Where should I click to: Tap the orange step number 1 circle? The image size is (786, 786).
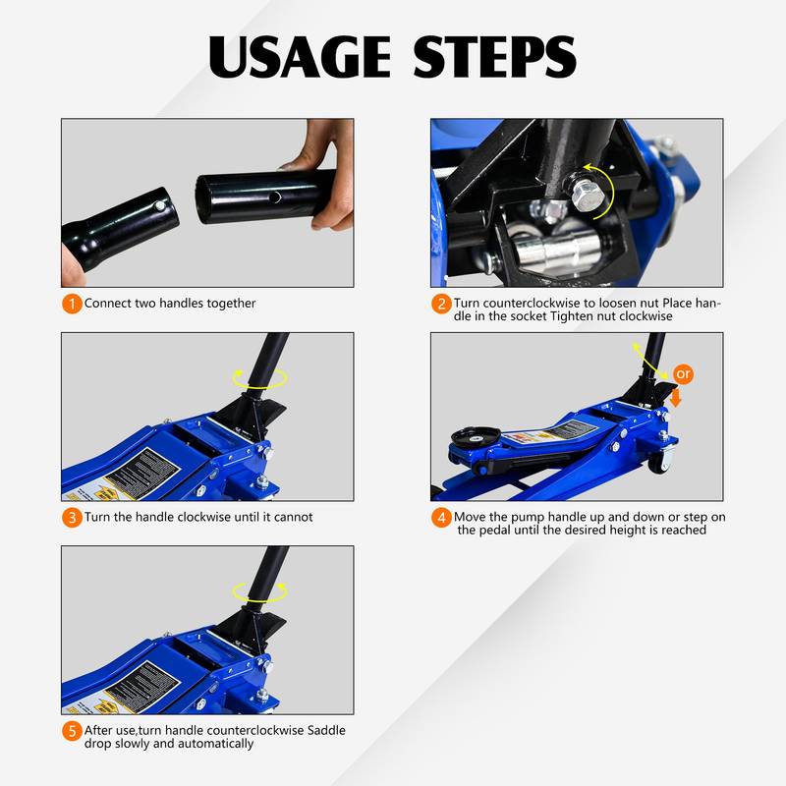[x=72, y=304]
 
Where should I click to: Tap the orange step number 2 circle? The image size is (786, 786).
[x=441, y=304]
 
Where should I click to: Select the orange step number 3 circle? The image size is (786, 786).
[x=72, y=517]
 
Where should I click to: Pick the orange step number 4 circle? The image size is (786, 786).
[x=441, y=517]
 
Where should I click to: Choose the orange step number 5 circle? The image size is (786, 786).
[x=72, y=731]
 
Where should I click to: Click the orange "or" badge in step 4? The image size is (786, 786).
[x=683, y=374]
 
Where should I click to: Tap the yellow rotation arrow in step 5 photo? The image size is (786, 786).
[x=259, y=590]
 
